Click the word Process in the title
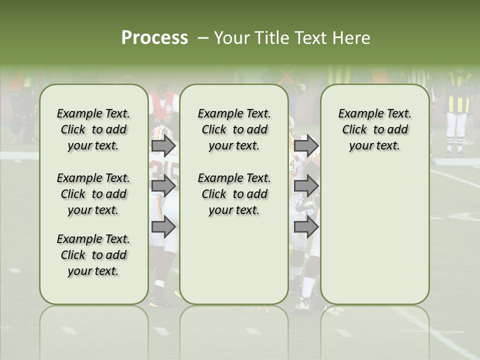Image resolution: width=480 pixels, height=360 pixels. (154, 38)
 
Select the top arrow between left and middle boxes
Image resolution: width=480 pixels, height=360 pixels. (163, 146)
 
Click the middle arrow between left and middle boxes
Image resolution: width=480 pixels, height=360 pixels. (163, 186)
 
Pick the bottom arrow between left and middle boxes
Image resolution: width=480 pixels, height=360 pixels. (163, 227)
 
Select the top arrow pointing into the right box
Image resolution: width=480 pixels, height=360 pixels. (306, 146)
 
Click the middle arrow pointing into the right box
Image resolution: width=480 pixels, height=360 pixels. (306, 186)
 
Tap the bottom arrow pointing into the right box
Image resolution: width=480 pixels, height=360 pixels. (306, 227)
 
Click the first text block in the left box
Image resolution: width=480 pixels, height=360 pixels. (93, 129)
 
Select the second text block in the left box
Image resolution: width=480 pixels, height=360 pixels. (93, 194)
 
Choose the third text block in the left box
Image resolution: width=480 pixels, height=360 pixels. (93, 255)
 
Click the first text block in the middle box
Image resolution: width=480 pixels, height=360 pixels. (234, 129)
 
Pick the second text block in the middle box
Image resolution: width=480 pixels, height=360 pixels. (234, 194)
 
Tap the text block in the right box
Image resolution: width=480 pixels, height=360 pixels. (374, 129)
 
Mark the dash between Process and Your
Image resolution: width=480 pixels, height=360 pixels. (202, 38)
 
